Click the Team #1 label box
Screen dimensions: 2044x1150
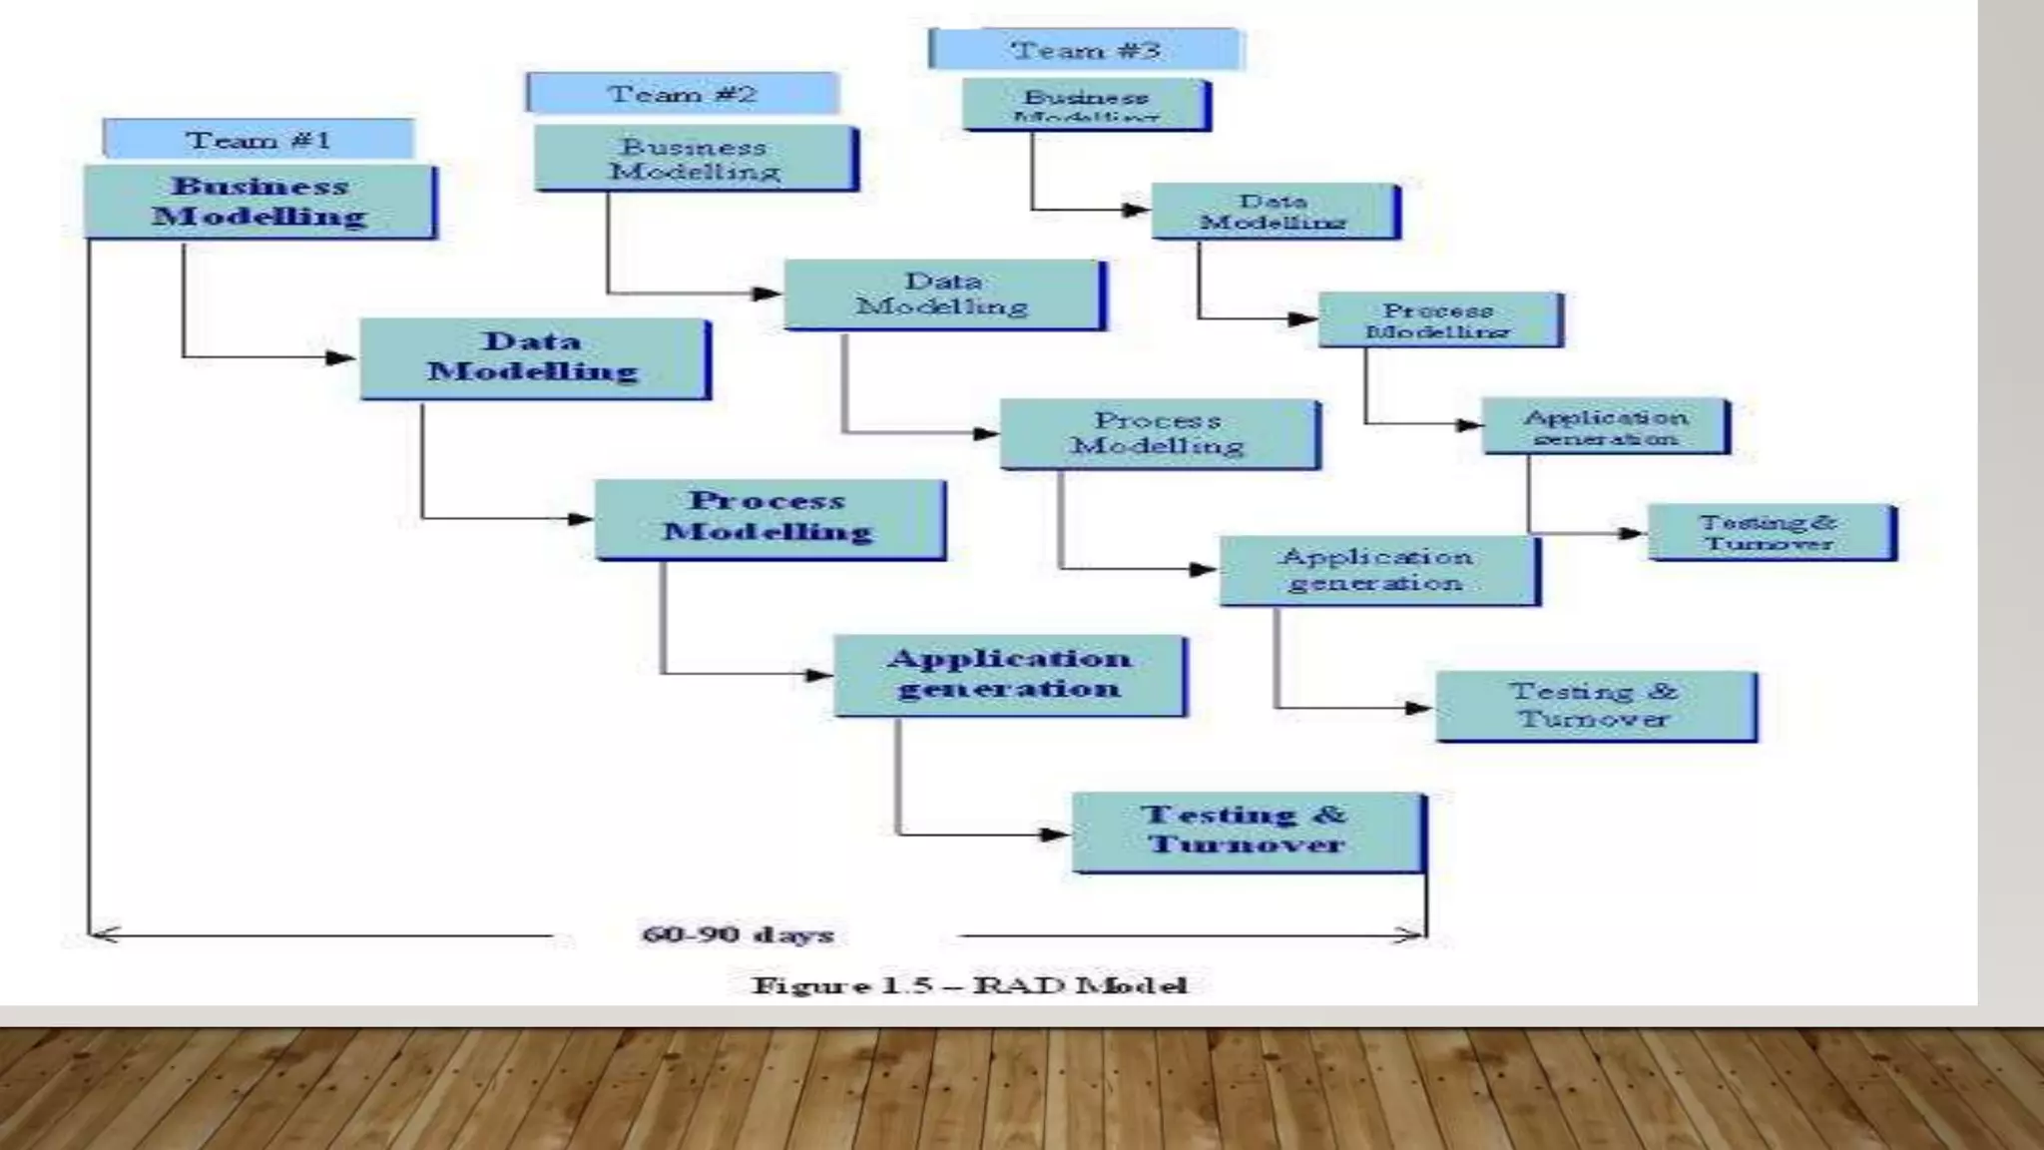click(257, 139)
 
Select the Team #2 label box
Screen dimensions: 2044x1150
click(682, 94)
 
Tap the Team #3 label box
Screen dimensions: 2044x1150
click(1085, 49)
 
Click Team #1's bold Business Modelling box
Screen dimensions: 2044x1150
click(259, 201)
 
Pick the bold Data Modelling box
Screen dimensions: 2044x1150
click(533, 357)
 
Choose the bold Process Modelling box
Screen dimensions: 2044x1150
click(768, 517)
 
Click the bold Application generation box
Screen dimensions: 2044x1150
click(1009, 674)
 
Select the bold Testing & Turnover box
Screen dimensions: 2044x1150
click(1247, 831)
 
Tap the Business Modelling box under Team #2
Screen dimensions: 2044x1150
click(695, 158)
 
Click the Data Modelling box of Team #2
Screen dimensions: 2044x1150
click(943, 294)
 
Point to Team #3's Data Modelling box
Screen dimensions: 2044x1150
click(1274, 211)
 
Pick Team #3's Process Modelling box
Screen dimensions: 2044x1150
click(1438, 319)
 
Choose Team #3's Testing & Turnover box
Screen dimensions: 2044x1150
click(1770, 532)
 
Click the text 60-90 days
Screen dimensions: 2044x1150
click(738, 935)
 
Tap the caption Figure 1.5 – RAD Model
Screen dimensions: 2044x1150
click(969, 986)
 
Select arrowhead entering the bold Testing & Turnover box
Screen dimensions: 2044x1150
click(1056, 834)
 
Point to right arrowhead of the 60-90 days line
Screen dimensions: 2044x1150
click(1411, 935)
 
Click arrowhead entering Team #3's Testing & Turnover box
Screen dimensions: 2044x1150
click(1633, 533)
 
